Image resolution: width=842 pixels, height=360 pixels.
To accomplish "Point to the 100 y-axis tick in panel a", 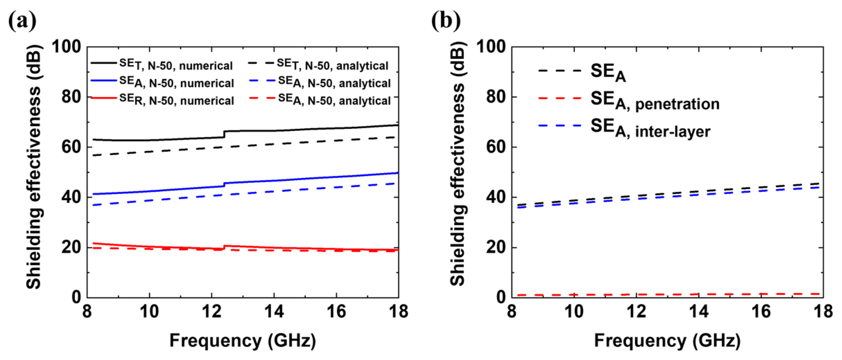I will click(x=66, y=47).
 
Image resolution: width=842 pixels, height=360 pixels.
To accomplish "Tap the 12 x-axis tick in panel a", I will click(x=212, y=311).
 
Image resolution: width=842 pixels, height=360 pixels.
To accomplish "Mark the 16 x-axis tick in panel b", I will click(x=761, y=311).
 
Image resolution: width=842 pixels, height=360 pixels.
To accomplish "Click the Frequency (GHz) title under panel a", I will click(x=242, y=341).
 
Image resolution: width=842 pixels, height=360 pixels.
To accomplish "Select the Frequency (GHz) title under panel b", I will click(x=667, y=341).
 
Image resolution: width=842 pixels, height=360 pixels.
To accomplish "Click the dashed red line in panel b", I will click(x=667, y=294).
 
